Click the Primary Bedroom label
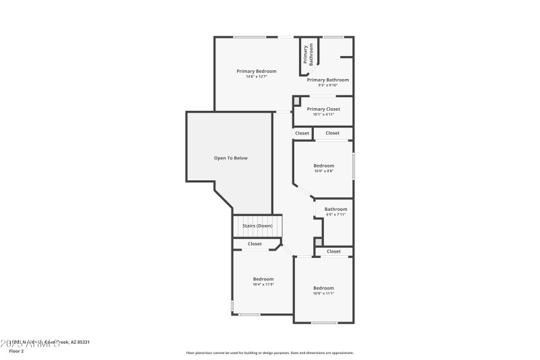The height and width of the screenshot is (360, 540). coord(256,71)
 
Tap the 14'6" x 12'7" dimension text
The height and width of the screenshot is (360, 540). coord(256,76)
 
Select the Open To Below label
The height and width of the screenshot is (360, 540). coord(231,158)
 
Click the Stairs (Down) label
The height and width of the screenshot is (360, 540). coord(257,226)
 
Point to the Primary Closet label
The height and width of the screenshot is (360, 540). coord(323,109)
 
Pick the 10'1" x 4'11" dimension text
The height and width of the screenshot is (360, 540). coord(323,114)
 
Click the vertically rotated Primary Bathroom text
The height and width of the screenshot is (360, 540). coord(308,55)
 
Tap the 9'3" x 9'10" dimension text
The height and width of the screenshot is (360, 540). coord(322,85)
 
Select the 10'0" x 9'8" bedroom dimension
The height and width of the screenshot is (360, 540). coord(323,171)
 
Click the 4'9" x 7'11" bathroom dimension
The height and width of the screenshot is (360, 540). coord(335,215)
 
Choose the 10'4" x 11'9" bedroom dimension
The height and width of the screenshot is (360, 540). coord(263,284)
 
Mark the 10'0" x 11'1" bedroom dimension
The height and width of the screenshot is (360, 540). coord(323,294)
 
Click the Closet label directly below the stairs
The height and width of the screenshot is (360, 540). coord(254,244)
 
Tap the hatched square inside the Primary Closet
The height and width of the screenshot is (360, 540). coord(296,101)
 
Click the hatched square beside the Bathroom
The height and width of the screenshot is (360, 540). coord(318,241)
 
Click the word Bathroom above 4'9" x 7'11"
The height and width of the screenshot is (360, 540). coord(335,209)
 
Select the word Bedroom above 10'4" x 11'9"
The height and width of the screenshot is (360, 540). coord(263,279)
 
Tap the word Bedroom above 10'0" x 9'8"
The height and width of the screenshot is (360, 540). coord(323,165)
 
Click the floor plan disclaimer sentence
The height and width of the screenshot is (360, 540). coord(269,353)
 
